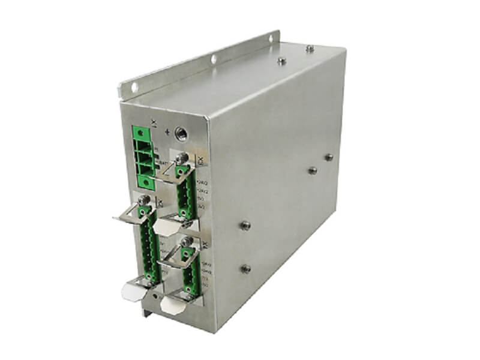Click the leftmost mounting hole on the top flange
[134, 88]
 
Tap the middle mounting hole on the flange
[213, 59]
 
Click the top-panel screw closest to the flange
[281, 60]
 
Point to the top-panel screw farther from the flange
[309, 48]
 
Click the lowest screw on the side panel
[245, 268]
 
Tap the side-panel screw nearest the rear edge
[328, 157]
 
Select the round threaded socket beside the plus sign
[179, 133]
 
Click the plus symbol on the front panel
[166, 133]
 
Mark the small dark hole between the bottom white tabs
[157, 297]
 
